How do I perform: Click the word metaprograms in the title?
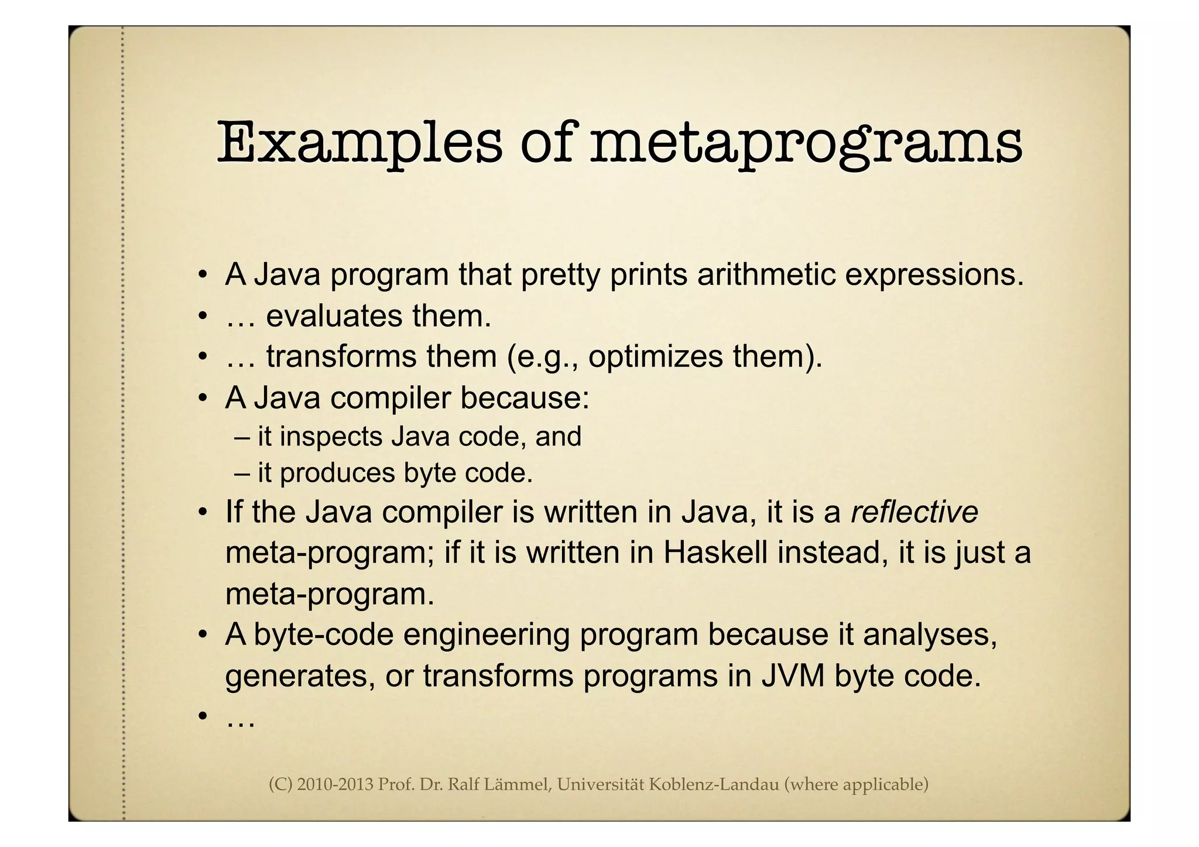pyautogui.click(x=806, y=143)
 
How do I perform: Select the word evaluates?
pyautogui.click(x=334, y=316)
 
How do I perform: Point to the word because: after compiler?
pyautogui.click(x=524, y=398)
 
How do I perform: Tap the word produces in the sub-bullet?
pyautogui.click(x=337, y=473)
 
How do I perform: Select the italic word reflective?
pyautogui.click(x=914, y=512)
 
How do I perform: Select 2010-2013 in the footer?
pyautogui.click(x=335, y=784)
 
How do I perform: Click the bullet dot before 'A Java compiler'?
pyautogui.click(x=202, y=399)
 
